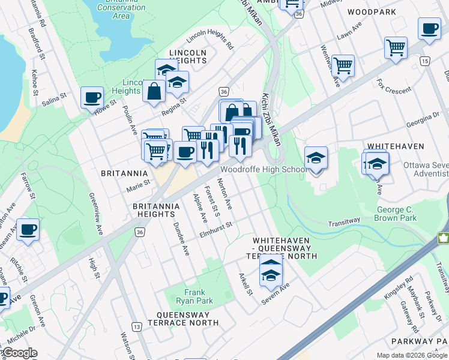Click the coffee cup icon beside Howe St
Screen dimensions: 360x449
pyautogui.click(x=92, y=97)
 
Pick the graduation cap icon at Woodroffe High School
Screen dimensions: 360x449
pyautogui.click(x=316, y=158)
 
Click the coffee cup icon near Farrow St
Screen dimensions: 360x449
pyautogui.click(x=28, y=230)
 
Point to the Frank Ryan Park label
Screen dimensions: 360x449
pyautogui.click(x=198, y=296)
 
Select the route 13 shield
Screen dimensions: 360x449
pyautogui.click(x=137, y=326)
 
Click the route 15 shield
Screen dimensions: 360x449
pyautogui.click(x=424, y=61)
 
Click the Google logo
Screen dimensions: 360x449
pyautogui.click(x=19, y=353)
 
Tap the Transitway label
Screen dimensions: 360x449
pyautogui.click(x=344, y=221)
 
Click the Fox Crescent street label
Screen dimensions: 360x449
pyautogui.click(x=394, y=85)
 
